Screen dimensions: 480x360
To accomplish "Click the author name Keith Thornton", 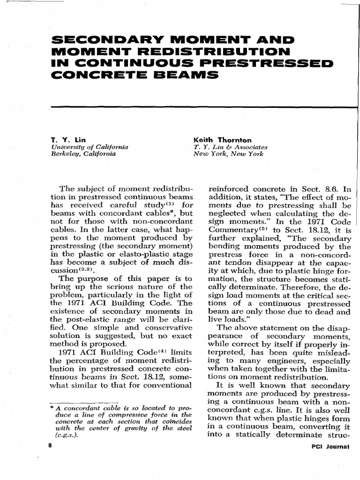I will (x=222, y=140).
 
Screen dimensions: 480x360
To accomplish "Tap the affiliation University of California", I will (x=89, y=147).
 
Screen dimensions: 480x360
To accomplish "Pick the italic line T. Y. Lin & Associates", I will (x=231, y=147).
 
